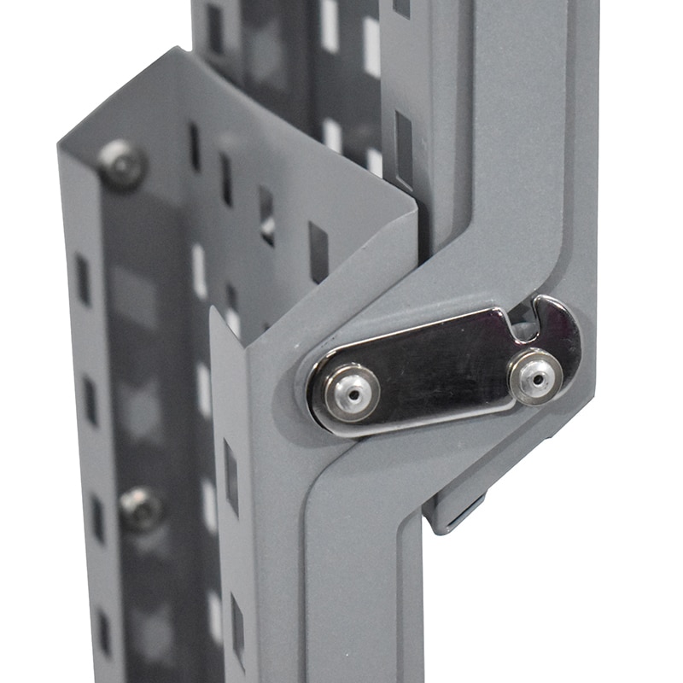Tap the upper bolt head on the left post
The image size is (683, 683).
pos(121,164)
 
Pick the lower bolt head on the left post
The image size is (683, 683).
pos(141,508)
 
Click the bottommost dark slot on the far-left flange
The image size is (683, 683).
pos(103,632)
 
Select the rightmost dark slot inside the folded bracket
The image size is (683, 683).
pos(318,252)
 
